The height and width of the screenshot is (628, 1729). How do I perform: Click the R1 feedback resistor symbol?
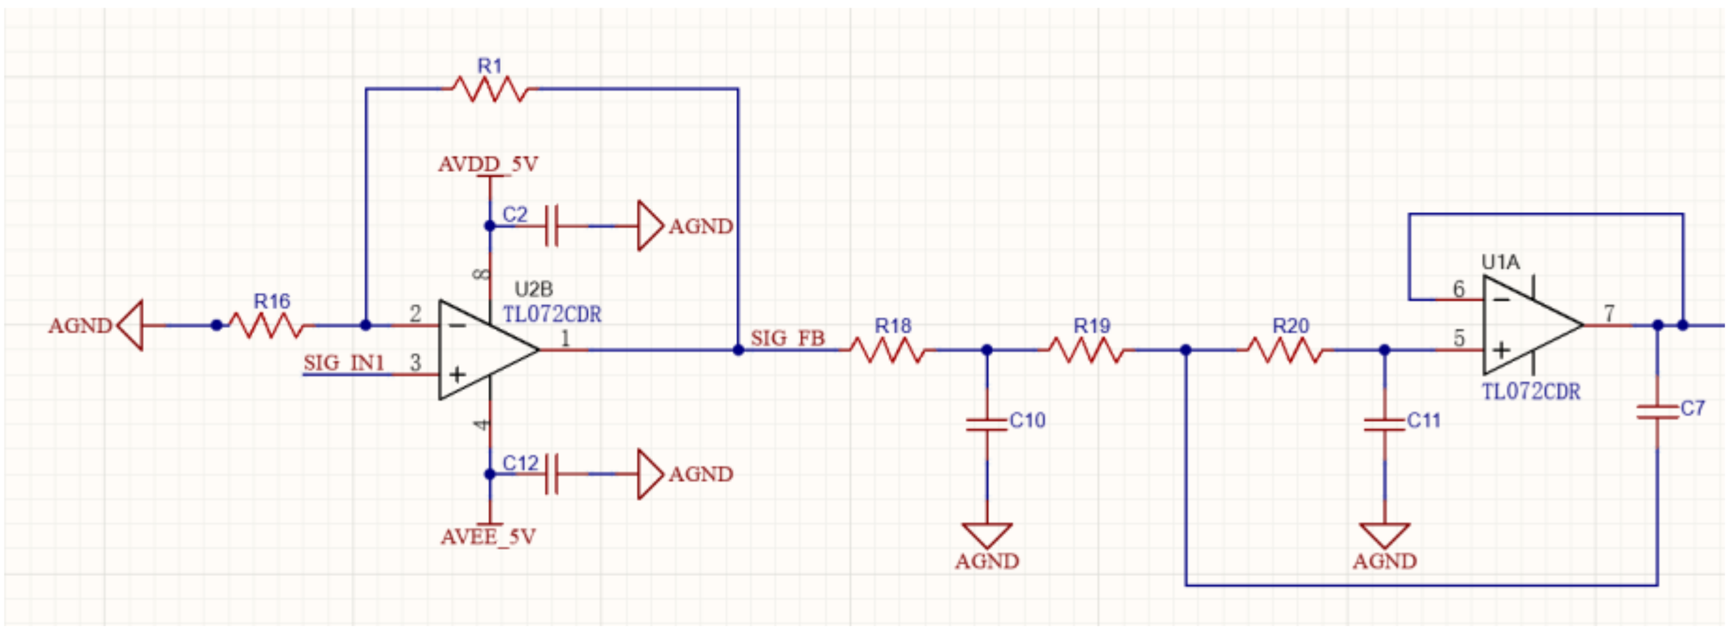pyautogui.click(x=490, y=89)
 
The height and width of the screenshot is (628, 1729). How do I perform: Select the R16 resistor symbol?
pyautogui.click(x=267, y=325)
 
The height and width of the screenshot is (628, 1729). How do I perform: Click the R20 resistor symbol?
pyautogui.click(x=1285, y=350)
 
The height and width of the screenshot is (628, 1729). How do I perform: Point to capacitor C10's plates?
pyautogui.click(x=986, y=424)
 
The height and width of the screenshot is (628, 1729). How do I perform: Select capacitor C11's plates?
pyautogui.click(x=1384, y=424)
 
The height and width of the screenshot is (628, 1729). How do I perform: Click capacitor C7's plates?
pyautogui.click(x=1657, y=412)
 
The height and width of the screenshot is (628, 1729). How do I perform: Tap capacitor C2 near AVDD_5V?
pyautogui.click(x=552, y=226)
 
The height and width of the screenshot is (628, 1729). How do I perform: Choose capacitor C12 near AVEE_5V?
pyautogui.click(x=552, y=474)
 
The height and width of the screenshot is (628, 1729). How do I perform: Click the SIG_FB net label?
pyautogui.click(x=788, y=338)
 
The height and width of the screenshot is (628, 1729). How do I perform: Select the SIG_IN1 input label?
pyautogui.click(x=344, y=363)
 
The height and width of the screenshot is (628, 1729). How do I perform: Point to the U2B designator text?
pyautogui.click(x=533, y=289)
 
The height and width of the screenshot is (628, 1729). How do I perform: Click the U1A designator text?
pyautogui.click(x=1500, y=261)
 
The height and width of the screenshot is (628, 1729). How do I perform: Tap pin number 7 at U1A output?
pyautogui.click(x=1609, y=313)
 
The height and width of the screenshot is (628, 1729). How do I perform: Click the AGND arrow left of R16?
pyautogui.click(x=131, y=325)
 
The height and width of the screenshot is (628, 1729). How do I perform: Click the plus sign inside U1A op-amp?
pyautogui.click(x=1502, y=350)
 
